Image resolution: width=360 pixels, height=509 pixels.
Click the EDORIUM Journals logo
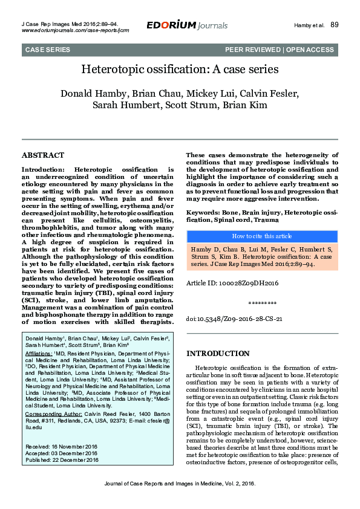point(187,25)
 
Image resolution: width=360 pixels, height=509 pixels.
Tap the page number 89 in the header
point(335,25)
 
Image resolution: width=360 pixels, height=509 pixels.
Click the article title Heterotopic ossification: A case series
point(180,70)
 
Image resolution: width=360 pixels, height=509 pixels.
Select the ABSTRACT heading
point(42,155)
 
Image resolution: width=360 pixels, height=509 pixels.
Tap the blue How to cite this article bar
point(262,236)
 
